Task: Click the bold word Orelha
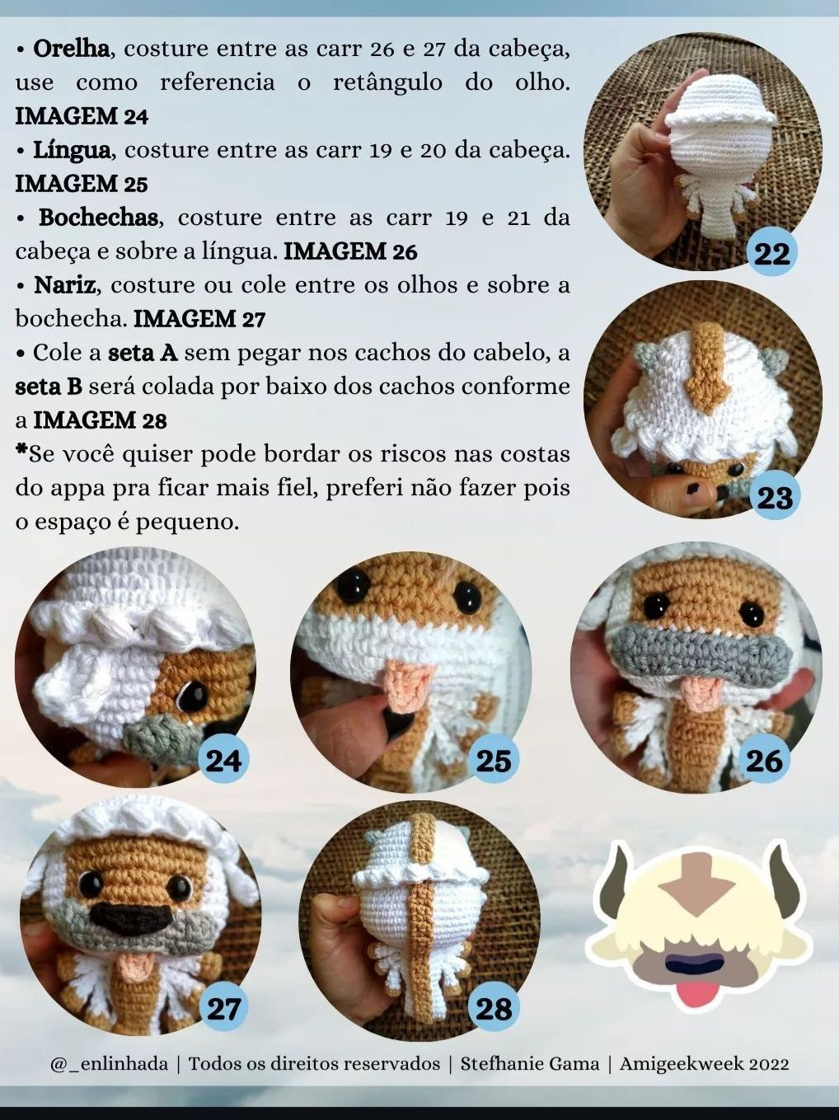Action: tap(71, 49)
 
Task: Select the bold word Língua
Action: tap(72, 150)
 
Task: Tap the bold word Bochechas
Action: tap(99, 218)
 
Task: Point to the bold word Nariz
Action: tap(64, 285)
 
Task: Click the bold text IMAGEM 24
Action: tap(82, 116)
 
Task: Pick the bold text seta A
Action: tap(143, 353)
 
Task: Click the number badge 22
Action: tap(772, 253)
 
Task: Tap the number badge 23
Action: tap(774, 497)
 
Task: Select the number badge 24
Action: tap(224, 760)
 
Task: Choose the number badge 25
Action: tap(494, 760)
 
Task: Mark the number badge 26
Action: tap(764, 760)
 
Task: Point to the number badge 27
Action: tap(223, 1008)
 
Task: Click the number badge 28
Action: tap(494, 1008)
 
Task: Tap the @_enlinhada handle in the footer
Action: tap(110, 1063)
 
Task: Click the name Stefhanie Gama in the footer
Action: tap(530, 1063)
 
